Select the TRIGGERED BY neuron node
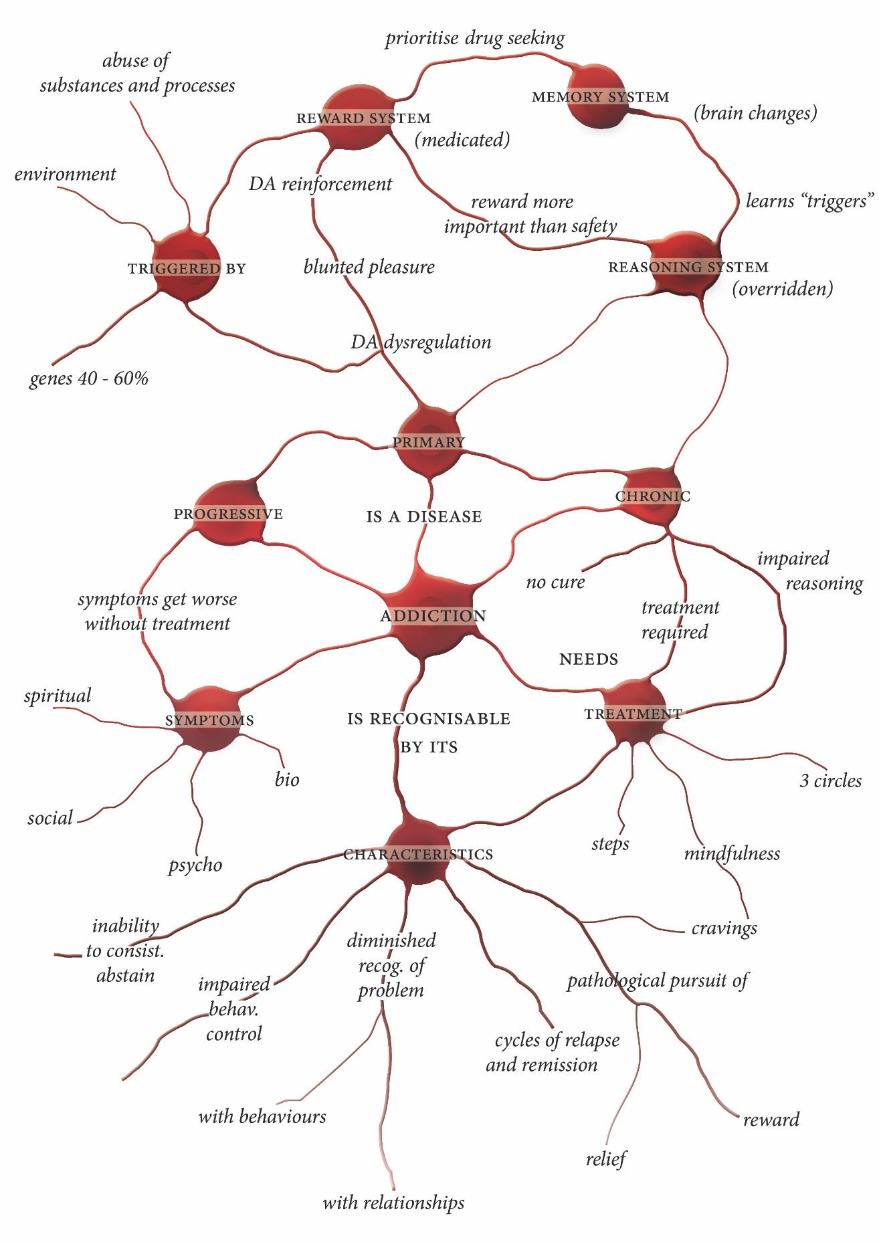point(187,267)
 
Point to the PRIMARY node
point(428,441)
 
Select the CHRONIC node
point(651,496)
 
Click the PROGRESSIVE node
point(229,513)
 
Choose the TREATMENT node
point(633,713)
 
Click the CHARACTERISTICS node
point(418,854)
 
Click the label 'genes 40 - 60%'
point(88,379)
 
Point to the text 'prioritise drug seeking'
point(475,39)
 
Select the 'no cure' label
point(555,583)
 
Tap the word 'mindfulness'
point(732,853)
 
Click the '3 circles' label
point(830,781)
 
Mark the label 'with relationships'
point(393,1203)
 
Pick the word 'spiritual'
point(58,696)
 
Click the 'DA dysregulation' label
point(421,342)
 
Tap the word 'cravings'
point(724,928)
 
